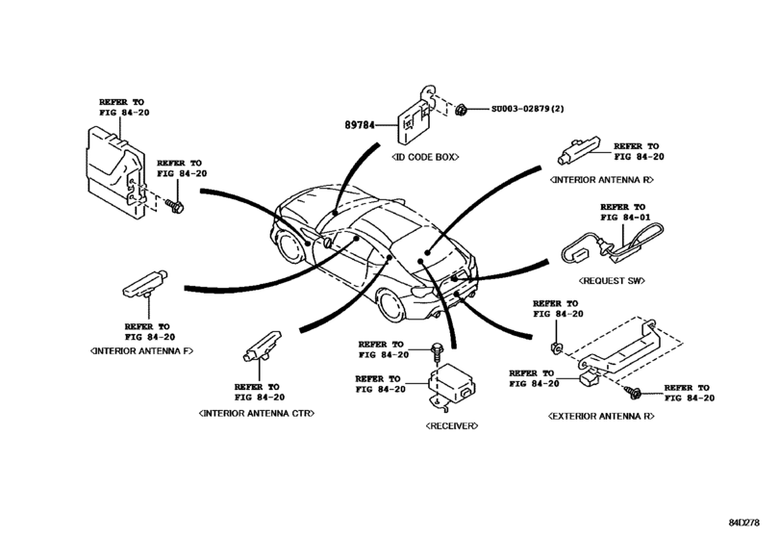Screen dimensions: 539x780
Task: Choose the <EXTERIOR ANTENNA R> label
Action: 602,416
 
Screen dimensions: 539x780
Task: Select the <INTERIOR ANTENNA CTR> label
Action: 257,411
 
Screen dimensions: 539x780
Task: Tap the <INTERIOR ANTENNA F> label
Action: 141,351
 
